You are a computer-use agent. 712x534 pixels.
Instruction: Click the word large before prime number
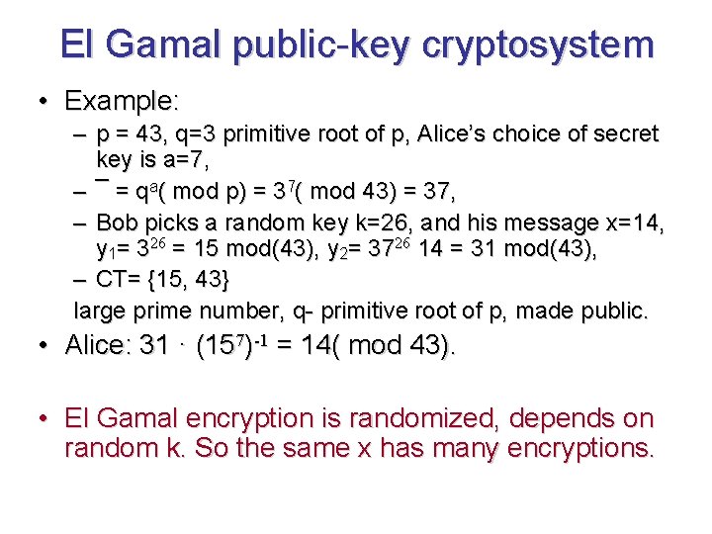pyautogui.click(x=100, y=311)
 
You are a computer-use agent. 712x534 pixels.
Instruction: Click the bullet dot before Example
pyautogui.click(x=44, y=102)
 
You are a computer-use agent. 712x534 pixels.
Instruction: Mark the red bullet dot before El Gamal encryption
pyautogui.click(x=44, y=420)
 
